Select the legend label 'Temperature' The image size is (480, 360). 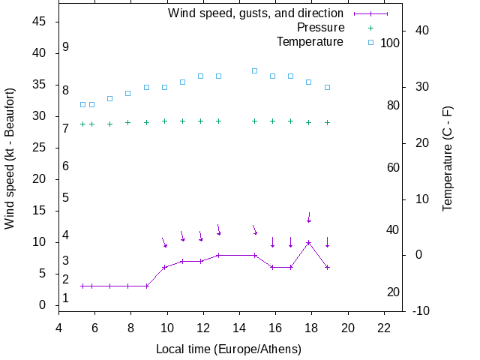(310, 42)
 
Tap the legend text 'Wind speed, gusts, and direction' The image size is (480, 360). (256, 13)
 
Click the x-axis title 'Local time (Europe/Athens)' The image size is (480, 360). (229, 349)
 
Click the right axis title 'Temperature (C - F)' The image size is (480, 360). (448, 157)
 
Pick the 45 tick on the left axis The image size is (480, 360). (40, 22)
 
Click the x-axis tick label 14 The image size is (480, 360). (239, 327)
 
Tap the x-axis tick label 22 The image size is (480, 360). (384, 327)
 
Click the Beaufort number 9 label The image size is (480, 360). (66, 47)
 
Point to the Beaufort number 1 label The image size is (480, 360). (66, 298)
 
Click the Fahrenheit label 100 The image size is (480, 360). (390, 43)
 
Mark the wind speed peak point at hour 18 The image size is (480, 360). (308, 242)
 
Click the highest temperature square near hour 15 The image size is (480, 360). (254, 70)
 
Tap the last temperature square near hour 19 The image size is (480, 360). (327, 87)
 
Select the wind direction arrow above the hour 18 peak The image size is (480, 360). (309, 217)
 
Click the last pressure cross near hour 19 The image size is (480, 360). (327, 122)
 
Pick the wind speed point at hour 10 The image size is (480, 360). (164, 267)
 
